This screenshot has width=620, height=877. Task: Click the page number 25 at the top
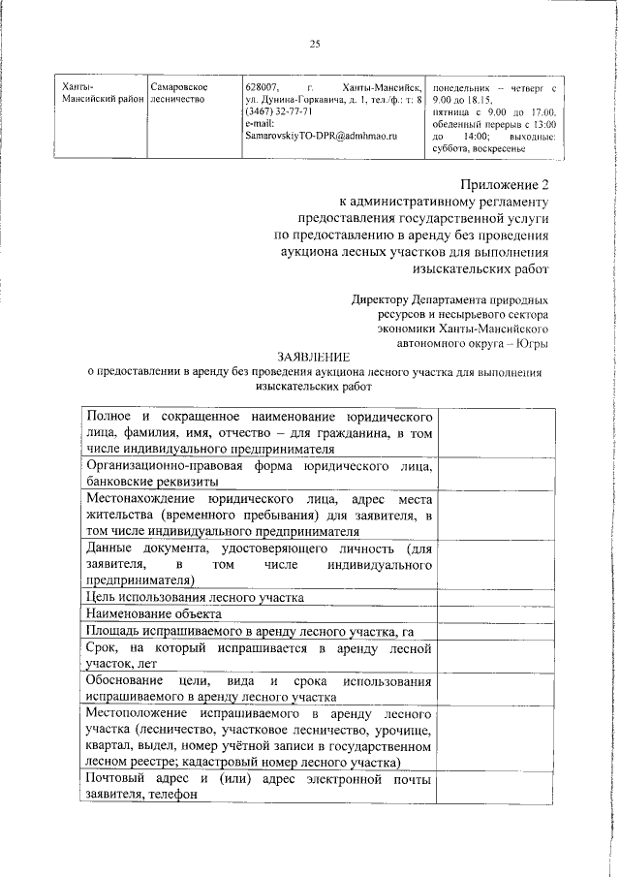pos(314,43)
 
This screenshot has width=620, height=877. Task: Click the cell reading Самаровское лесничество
pos(178,93)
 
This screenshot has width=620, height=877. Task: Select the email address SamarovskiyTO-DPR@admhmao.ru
pos(321,137)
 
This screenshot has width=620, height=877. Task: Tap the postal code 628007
pos(262,87)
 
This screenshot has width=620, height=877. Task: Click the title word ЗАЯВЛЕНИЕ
pos(313,357)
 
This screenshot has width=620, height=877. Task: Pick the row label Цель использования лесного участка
pos(194,597)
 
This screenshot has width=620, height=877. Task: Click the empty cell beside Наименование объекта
pos(494,613)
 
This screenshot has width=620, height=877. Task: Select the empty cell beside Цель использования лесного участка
pos(494,597)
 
